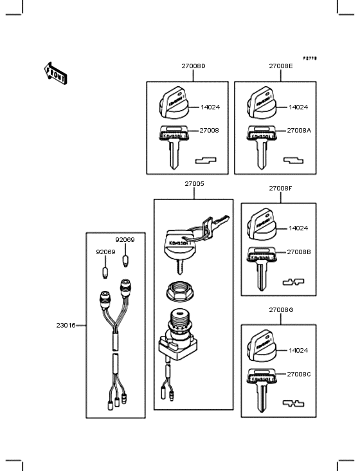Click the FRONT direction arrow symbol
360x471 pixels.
coord(56,72)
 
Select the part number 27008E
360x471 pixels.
coord(280,66)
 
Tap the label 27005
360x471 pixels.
coord(194,184)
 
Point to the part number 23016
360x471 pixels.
coord(66,325)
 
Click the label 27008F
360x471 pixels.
coord(280,189)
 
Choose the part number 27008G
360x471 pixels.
coord(280,310)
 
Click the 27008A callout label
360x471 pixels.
coord(299,130)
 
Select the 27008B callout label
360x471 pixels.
coord(299,252)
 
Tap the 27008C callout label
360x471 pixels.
coord(299,374)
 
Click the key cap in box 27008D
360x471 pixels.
coord(175,106)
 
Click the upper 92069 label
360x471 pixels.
coord(125,239)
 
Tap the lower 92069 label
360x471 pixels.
coord(105,252)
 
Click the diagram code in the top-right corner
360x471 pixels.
coord(310,58)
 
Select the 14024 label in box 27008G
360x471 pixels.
coord(298,351)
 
